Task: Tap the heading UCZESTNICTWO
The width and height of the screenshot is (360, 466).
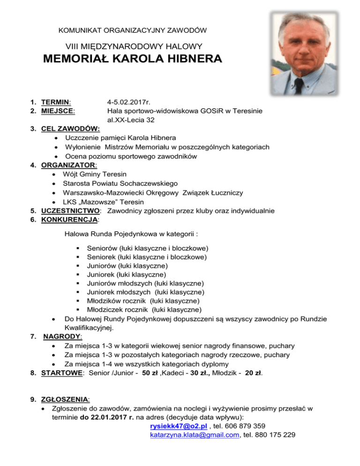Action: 71,210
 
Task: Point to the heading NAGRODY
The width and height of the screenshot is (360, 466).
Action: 62,337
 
